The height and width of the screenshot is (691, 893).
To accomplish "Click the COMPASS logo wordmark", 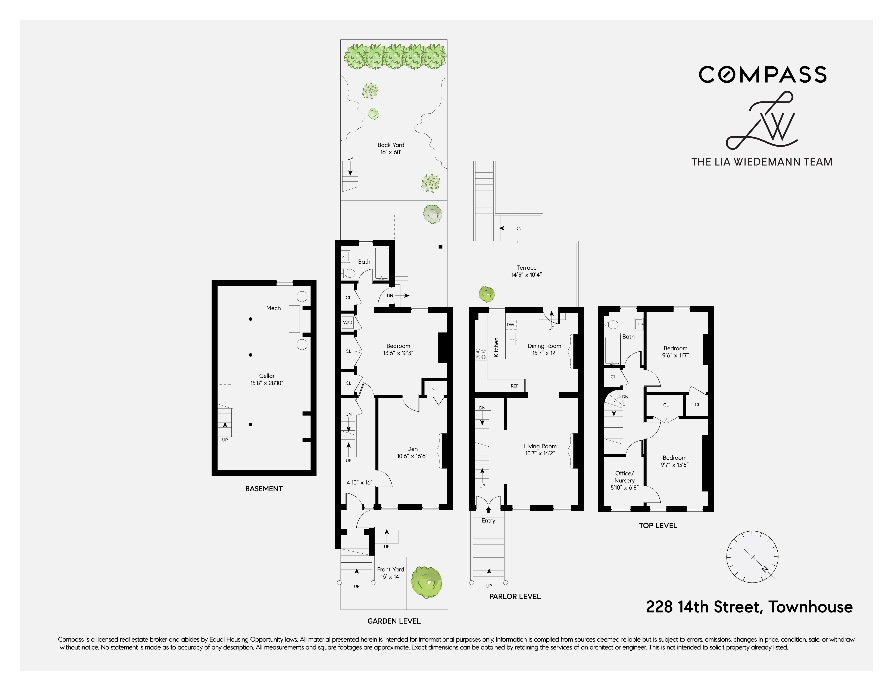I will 763,75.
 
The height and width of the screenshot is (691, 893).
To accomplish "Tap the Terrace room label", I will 527,268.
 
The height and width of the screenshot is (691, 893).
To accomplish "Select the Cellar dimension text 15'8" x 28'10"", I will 267,383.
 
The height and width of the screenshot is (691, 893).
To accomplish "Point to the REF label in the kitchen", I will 514,386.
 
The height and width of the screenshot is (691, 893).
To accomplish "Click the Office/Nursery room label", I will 624,477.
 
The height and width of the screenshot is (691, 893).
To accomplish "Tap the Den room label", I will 412,449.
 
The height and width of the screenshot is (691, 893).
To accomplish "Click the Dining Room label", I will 544,346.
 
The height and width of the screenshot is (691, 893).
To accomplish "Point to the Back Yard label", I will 391,145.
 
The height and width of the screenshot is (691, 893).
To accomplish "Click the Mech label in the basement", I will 274,308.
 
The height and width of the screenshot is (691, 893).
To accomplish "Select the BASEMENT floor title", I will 264,489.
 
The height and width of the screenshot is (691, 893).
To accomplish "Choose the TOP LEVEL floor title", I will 658,526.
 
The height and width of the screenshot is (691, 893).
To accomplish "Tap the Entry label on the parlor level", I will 488,521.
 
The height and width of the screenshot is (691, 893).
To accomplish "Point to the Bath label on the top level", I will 628,336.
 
